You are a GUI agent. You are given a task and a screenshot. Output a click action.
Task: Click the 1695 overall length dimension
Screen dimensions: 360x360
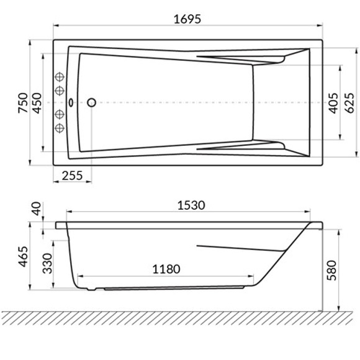click(x=187, y=19)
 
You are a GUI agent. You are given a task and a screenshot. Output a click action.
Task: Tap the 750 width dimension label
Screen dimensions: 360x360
click(x=23, y=103)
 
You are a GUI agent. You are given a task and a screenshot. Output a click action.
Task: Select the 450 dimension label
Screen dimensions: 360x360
click(x=37, y=103)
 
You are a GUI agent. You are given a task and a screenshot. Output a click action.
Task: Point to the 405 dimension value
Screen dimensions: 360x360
click(x=333, y=103)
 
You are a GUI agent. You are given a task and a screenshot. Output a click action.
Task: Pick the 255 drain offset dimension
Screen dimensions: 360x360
click(x=72, y=176)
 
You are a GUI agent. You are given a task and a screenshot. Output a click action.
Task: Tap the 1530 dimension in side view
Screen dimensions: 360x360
click(x=191, y=205)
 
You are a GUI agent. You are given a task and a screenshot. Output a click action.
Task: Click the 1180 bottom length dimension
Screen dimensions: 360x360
click(x=166, y=269)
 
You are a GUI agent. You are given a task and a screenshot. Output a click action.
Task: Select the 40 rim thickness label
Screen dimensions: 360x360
click(x=36, y=209)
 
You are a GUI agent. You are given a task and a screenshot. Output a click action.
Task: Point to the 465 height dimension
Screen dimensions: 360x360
click(x=23, y=256)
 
